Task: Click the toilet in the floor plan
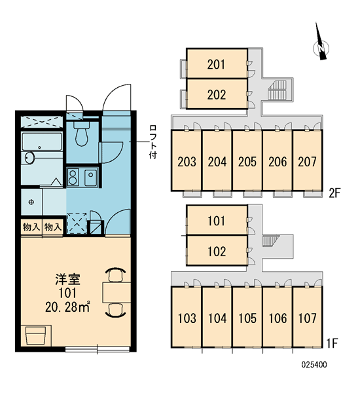pyautogui.click(x=82, y=134)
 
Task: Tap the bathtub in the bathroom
pyautogui.click(x=42, y=142)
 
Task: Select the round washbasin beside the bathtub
pyautogui.click(x=29, y=158)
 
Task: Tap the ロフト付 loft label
pyautogui.click(x=153, y=141)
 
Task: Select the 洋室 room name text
pyautogui.click(x=67, y=280)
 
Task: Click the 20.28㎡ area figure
pyautogui.click(x=67, y=307)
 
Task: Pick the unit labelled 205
pyautogui.click(x=247, y=160)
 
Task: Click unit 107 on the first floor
pyautogui.click(x=308, y=317)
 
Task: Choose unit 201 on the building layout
pyautogui.click(x=217, y=64)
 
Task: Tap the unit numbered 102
pyautogui.click(x=217, y=250)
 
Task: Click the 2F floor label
pyautogui.click(x=334, y=193)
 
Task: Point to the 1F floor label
pyautogui.click(x=333, y=343)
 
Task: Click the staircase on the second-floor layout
pyautogui.click(x=277, y=90)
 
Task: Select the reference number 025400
pyautogui.click(x=314, y=364)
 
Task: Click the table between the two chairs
pyautogui.click(x=117, y=292)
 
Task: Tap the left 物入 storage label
pyautogui.click(x=31, y=227)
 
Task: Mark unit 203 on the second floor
pyautogui.click(x=187, y=160)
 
